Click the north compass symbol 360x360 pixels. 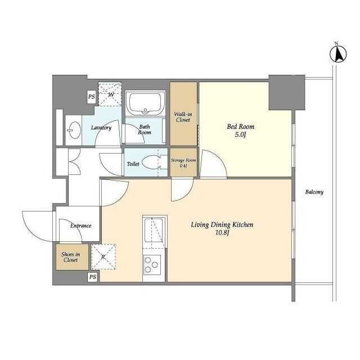[x=338, y=53]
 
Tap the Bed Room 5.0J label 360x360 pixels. [x=240, y=130]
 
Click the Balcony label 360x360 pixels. [x=314, y=192]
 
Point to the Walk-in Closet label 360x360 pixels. [x=183, y=117]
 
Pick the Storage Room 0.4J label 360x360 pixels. [x=183, y=163]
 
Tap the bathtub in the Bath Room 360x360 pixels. [x=145, y=103]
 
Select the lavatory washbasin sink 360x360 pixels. [x=74, y=130]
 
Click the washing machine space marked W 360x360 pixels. [x=110, y=94]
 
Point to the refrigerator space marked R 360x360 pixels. [x=103, y=256]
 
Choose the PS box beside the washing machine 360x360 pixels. [x=91, y=96]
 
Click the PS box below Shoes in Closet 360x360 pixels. [x=92, y=277]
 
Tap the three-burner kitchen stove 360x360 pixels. [x=152, y=265]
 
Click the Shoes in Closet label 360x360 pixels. [x=71, y=257]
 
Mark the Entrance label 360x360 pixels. [x=80, y=226]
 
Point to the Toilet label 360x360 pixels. [x=133, y=164]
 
